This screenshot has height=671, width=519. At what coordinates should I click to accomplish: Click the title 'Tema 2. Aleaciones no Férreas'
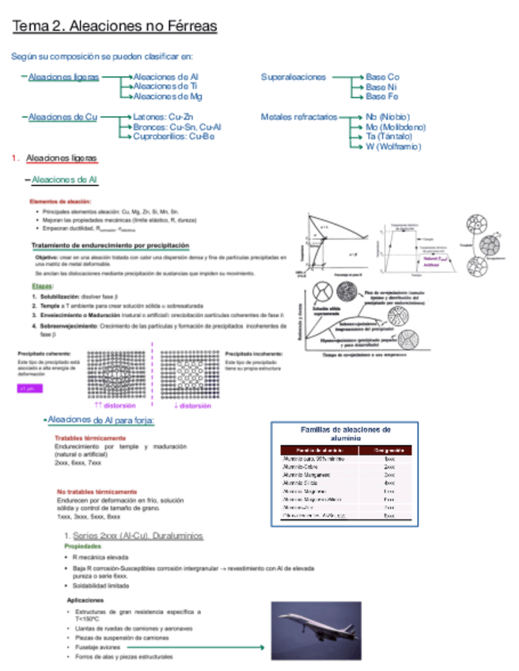point(115,27)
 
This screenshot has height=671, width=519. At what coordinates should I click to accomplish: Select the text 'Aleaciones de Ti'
point(165,86)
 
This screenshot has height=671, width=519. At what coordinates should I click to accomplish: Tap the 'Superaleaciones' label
point(294,77)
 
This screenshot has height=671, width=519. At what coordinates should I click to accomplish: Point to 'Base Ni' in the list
point(381,86)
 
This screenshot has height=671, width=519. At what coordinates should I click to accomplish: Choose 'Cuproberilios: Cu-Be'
point(173,136)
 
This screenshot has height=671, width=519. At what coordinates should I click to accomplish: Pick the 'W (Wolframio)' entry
point(393,146)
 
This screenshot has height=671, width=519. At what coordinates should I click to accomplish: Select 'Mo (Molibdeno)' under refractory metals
point(396,127)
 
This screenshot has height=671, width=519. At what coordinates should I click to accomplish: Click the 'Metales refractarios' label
point(298,117)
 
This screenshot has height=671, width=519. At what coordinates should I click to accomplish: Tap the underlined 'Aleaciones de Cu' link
point(63,117)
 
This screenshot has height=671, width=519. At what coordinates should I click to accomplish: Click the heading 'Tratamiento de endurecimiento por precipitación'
point(110,245)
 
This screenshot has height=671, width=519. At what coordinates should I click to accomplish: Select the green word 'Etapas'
point(43,286)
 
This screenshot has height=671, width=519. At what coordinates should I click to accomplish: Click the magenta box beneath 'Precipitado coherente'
point(30,389)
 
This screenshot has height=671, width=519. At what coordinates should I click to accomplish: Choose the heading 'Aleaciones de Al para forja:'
point(100,419)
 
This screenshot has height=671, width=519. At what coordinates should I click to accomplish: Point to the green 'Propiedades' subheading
point(82,546)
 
